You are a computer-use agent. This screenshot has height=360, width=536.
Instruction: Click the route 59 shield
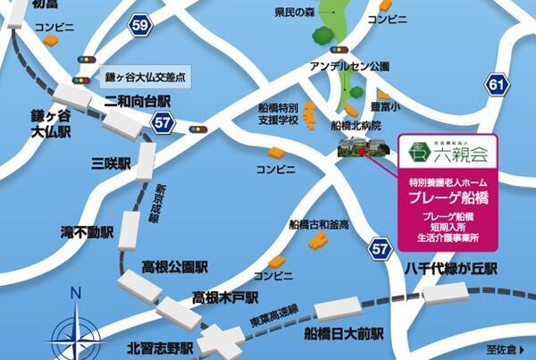pyautogui.click(x=140, y=27)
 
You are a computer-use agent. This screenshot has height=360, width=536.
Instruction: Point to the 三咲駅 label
pyautogui.click(x=112, y=164)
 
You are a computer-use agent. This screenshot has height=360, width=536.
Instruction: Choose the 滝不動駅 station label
pyautogui.click(x=88, y=231)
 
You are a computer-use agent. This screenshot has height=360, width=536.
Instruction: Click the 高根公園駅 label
pyautogui.click(x=176, y=266)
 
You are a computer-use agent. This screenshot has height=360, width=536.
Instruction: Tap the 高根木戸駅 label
pyautogui.click(x=230, y=296)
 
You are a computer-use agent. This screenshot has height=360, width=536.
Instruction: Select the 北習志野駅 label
pyautogui.click(x=161, y=348)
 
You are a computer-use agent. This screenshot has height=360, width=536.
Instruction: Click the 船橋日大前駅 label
pyautogui.click(x=342, y=334)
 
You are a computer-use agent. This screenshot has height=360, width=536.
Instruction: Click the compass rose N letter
pyautogui.click(x=76, y=292)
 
